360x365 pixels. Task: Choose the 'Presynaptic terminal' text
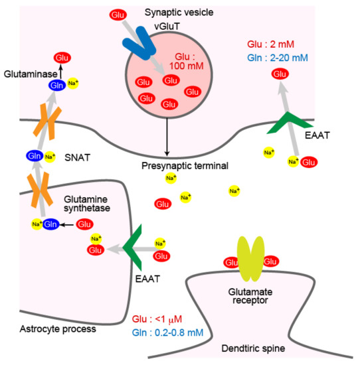185,166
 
